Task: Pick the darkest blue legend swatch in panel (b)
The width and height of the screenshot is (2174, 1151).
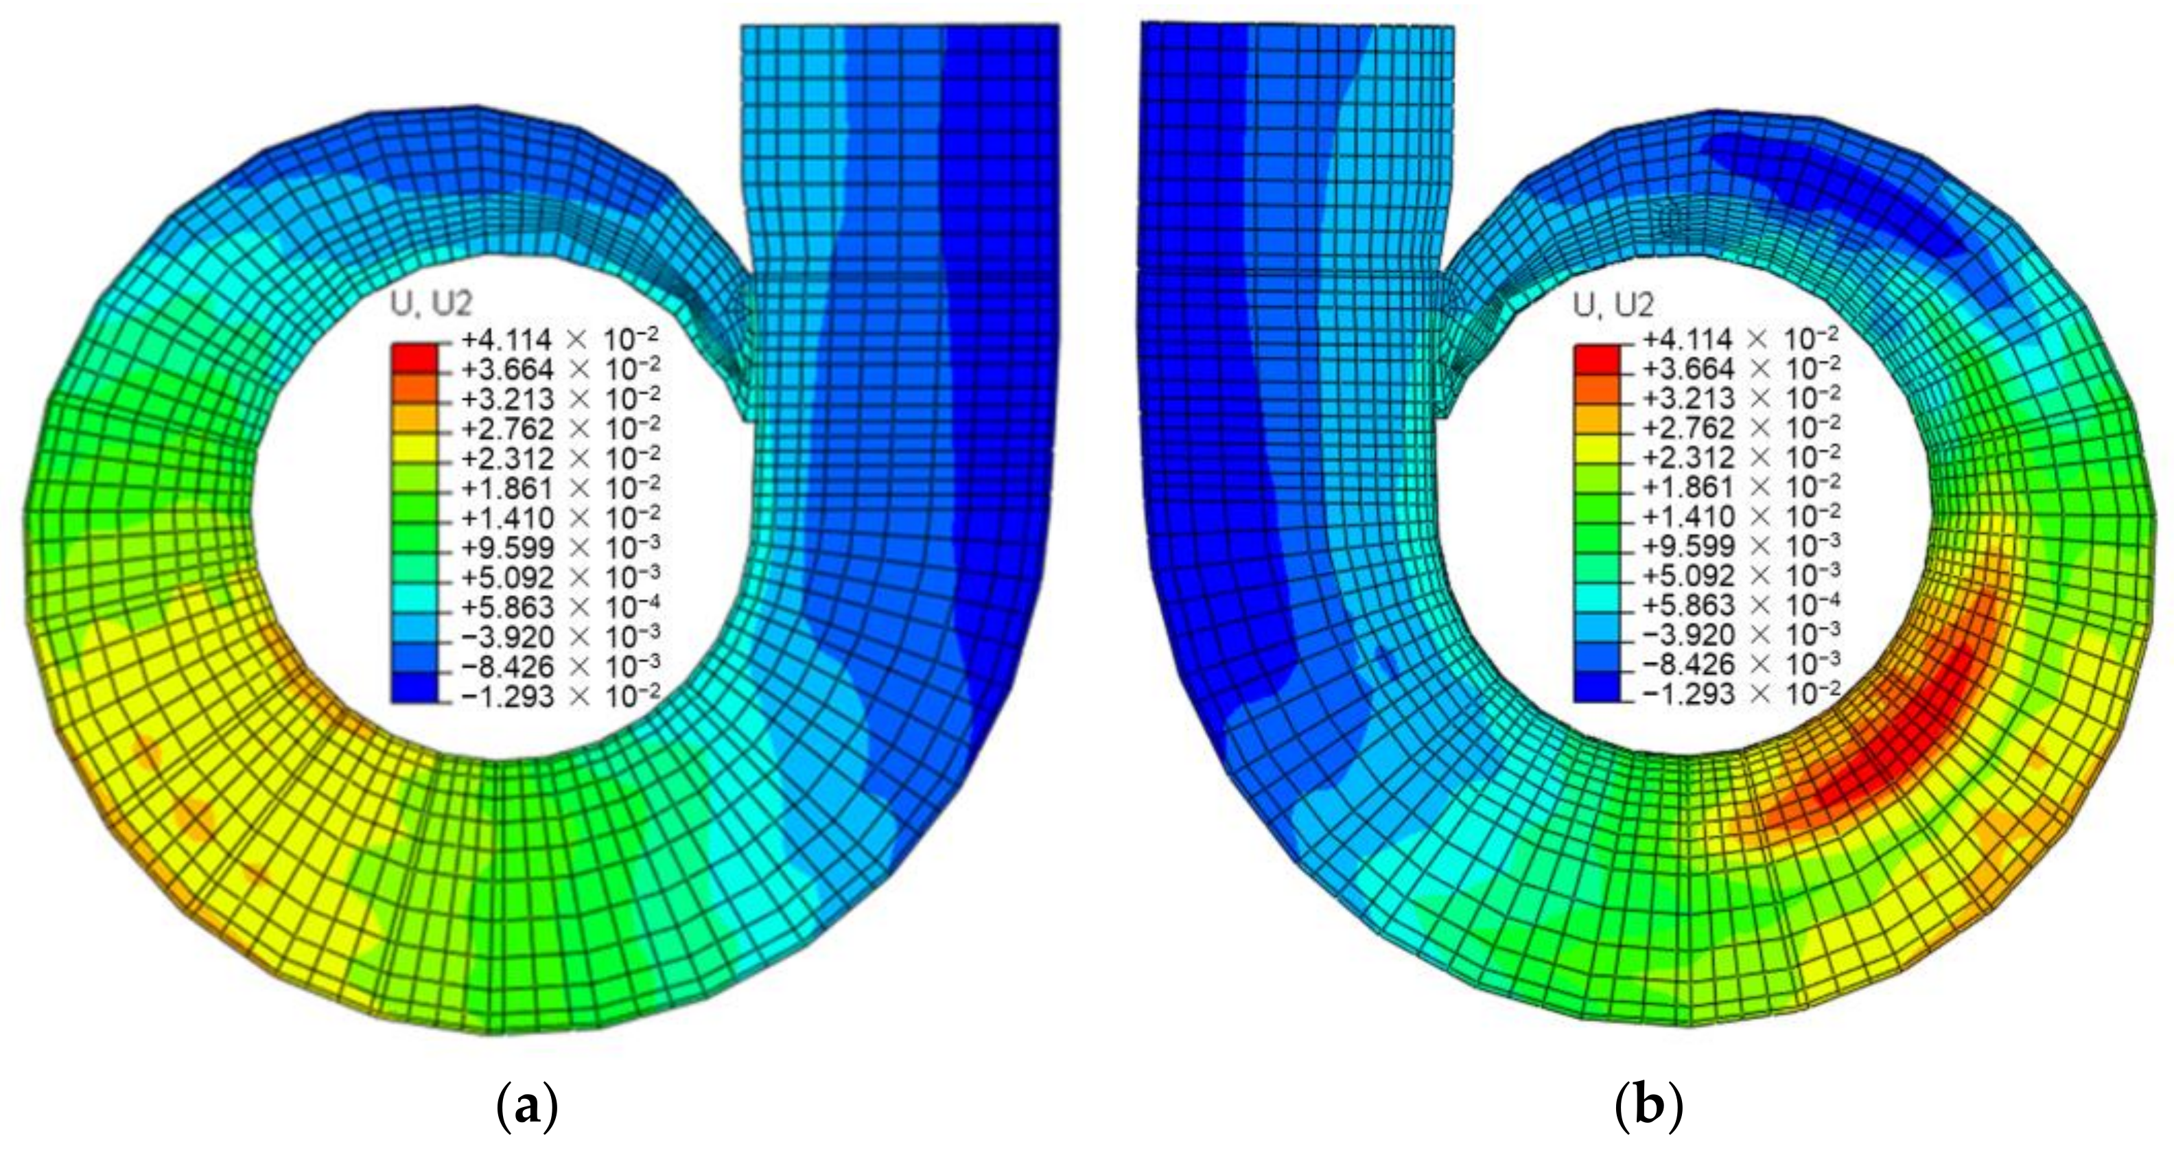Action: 1597,687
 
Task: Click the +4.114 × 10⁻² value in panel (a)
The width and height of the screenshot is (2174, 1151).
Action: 559,339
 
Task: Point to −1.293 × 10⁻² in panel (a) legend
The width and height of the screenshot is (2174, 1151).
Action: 559,696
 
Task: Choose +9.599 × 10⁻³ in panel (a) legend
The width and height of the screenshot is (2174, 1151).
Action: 559,548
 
